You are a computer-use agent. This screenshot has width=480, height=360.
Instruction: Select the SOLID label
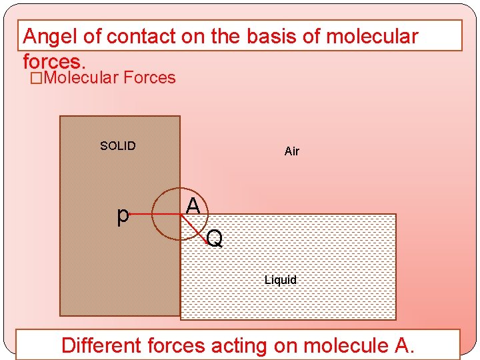[117, 146]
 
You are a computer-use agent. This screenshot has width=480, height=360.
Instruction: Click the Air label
[292, 151]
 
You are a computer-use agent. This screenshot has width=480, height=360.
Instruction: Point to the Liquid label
[280, 280]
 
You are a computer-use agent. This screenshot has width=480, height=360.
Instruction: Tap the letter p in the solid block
[123, 215]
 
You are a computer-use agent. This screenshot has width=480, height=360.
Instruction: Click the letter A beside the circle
[193, 206]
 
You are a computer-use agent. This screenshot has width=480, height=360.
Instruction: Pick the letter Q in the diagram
[214, 238]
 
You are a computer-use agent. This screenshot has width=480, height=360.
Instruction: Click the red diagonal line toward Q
[194, 227]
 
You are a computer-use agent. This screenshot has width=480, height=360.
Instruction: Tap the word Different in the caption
[101, 345]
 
